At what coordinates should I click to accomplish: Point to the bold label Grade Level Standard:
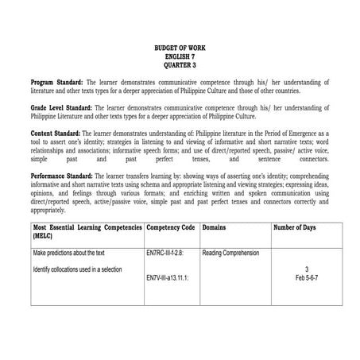click(x=61, y=106)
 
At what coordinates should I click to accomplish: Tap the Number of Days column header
click(x=295, y=227)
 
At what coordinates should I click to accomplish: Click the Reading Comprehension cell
click(x=230, y=252)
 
